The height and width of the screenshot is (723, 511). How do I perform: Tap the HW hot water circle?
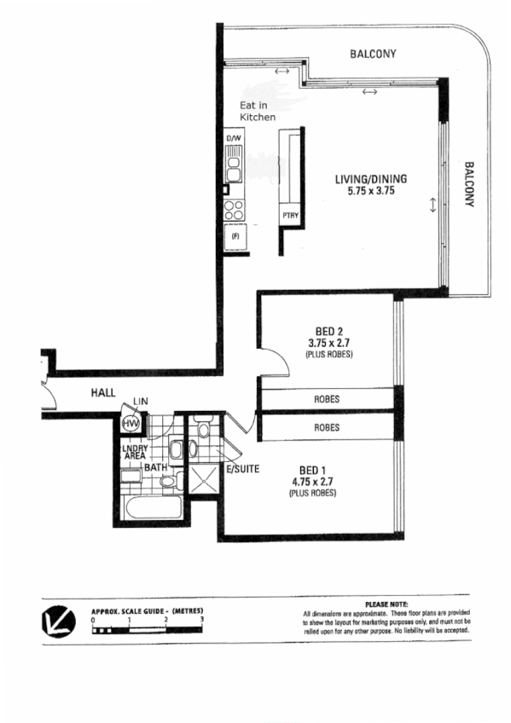tap(131, 424)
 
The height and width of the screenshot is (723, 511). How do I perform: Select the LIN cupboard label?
tap(139, 402)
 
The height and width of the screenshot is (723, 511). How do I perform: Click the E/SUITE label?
tap(243, 469)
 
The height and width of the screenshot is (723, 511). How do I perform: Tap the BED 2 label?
tap(328, 333)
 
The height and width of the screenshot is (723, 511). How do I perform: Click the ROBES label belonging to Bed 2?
tap(328, 397)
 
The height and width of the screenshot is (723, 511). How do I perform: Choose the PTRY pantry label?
tap(289, 217)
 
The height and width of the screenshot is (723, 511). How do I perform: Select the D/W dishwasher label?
tap(234, 138)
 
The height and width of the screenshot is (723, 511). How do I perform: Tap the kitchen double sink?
tap(234, 166)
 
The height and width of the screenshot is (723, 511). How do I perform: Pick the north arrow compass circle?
tap(57, 620)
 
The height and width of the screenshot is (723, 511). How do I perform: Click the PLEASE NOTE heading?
tap(386, 604)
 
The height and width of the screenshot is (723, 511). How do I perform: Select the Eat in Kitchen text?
tap(258, 111)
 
